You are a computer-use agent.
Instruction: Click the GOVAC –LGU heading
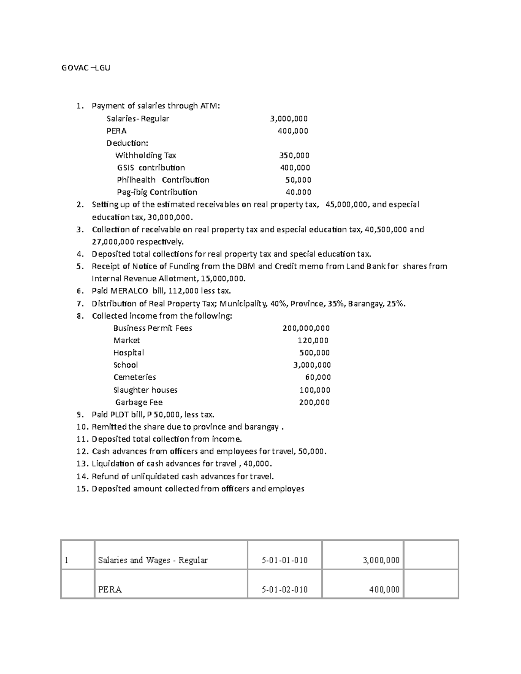(85, 68)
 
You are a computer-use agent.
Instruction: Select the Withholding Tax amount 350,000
(294, 155)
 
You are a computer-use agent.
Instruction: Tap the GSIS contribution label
(151, 168)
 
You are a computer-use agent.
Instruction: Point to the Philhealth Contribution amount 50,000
(298, 180)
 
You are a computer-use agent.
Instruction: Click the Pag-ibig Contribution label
(157, 192)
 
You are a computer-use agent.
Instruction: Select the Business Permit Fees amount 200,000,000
(306, 328)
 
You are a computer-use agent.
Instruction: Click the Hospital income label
(129, 352)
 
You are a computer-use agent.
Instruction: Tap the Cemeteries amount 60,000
(318, 377)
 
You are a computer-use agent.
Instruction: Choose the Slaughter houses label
(145, 390)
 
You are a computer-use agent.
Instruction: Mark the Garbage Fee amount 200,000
(314, 402)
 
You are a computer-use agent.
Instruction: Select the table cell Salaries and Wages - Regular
(153, 560)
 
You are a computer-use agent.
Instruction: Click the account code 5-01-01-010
(284, 560)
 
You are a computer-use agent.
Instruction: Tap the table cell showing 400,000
(384, 589)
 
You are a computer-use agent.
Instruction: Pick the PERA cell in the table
(110, 589)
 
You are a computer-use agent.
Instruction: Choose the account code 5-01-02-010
(284, 589)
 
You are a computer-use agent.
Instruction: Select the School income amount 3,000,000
(312, 365)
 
